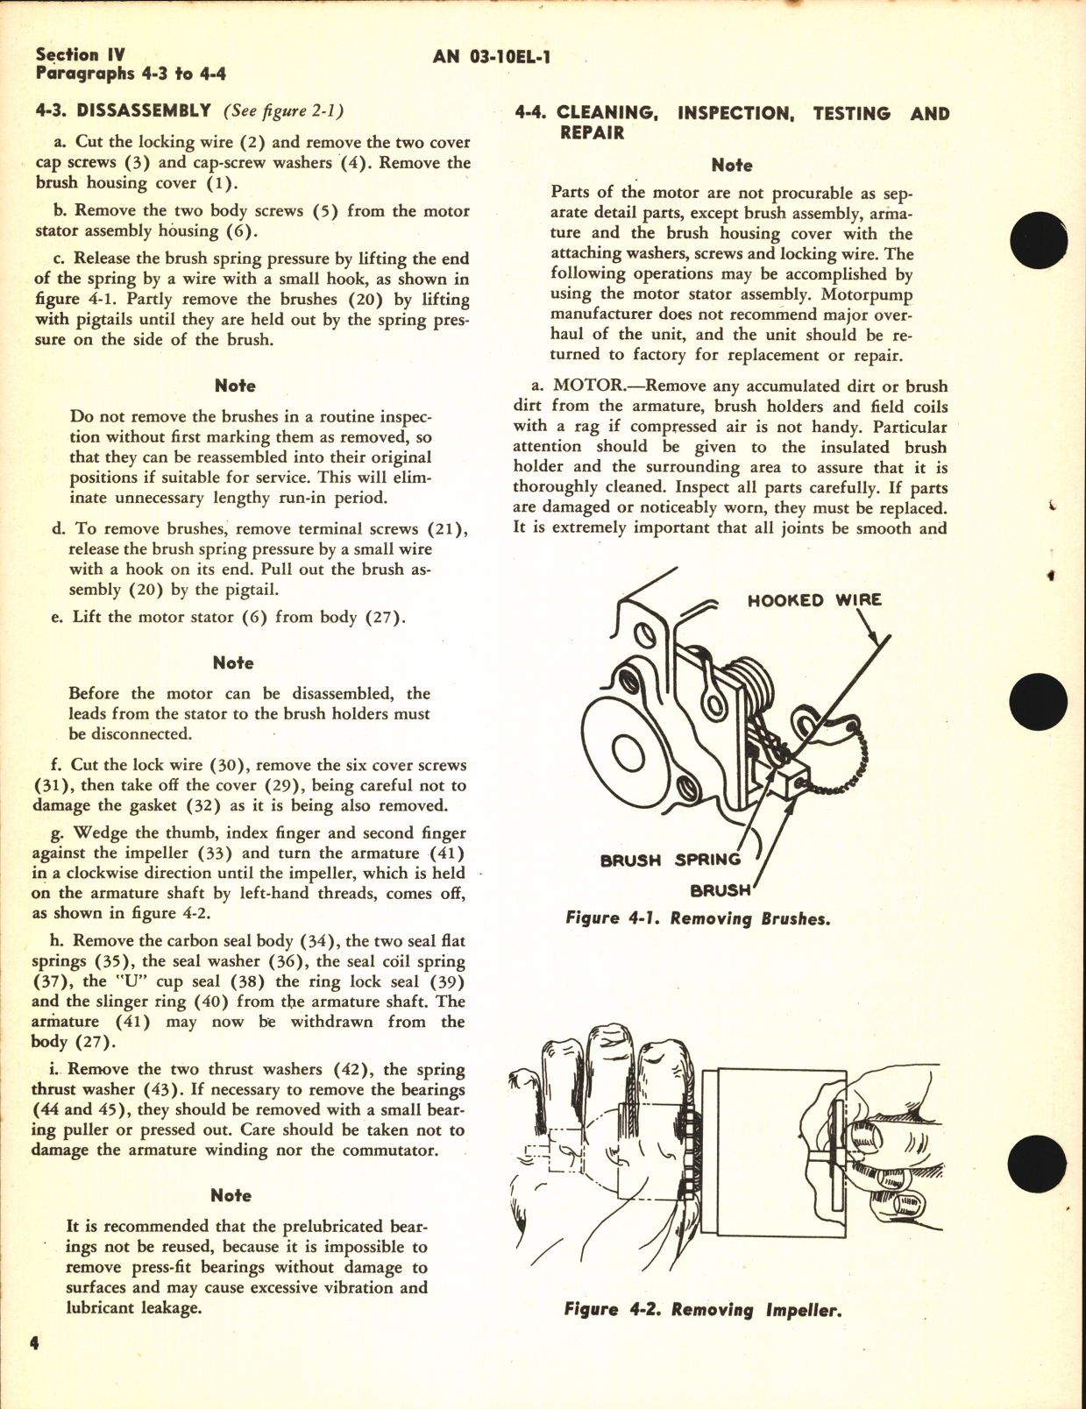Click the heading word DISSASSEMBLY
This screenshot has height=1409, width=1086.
pos(144,110)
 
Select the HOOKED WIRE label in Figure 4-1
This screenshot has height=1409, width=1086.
pos(814,600)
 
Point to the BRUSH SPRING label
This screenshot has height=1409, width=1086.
pos(670,860)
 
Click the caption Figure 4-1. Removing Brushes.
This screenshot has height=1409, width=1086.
pos(698,919)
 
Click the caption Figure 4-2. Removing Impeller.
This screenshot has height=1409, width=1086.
pos(702,1311)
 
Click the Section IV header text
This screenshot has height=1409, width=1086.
pos(80,54)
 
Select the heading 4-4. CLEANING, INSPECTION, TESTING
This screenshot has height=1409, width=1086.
pos(732,114)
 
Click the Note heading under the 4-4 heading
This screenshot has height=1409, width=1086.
pos(732,166)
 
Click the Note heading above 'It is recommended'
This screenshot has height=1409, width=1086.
pos(231,1196)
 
